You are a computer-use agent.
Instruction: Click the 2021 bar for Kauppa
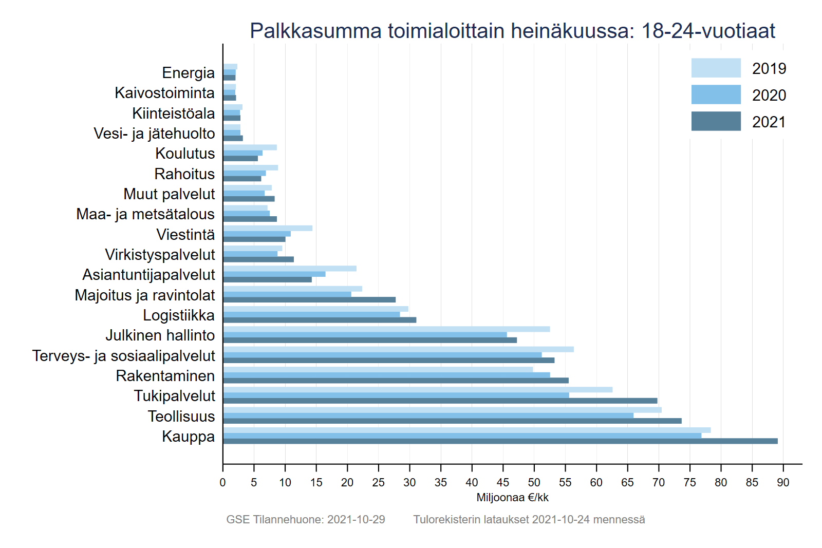click(500, 441)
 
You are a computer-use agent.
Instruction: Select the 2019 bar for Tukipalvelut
click(418, 390)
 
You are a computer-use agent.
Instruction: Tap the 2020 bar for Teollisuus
click(428, 415)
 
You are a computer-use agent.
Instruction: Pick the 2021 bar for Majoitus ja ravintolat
click(309, 299)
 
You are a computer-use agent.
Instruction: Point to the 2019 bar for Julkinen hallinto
click(386, 329)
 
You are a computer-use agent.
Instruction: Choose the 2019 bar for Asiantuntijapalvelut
click(290, 269)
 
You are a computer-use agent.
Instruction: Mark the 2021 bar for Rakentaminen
click(396, 381)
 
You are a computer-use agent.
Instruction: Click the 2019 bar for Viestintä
click(268, 228)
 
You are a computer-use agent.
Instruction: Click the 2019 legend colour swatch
click(716, 68)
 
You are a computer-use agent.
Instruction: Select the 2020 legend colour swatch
click(716, 95)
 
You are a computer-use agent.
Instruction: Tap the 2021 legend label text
click(769, 122)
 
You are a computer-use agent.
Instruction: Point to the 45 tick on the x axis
click(503, 465)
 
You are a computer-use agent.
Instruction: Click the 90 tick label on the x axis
click(783, 483)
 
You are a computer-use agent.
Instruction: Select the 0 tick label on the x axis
click(222, 483)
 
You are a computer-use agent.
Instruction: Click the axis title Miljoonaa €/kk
click(512, 498)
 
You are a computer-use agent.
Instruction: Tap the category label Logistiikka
click(179, 315)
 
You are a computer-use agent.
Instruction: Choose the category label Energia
click(188, 73)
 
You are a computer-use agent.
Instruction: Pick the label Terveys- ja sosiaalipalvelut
click(124, 356)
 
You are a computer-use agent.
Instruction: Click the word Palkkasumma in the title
click(315, 31)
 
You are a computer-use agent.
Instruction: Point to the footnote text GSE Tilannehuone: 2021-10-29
click(306, 520)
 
